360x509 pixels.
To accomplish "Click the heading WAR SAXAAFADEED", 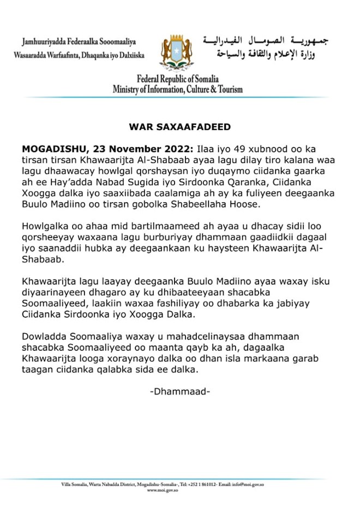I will tap(179, 127).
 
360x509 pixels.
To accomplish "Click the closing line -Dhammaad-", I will tap(179, 392).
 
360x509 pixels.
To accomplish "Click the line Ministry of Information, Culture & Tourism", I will tap(178, 89).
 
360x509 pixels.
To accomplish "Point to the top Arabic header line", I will tap(266, 41).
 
